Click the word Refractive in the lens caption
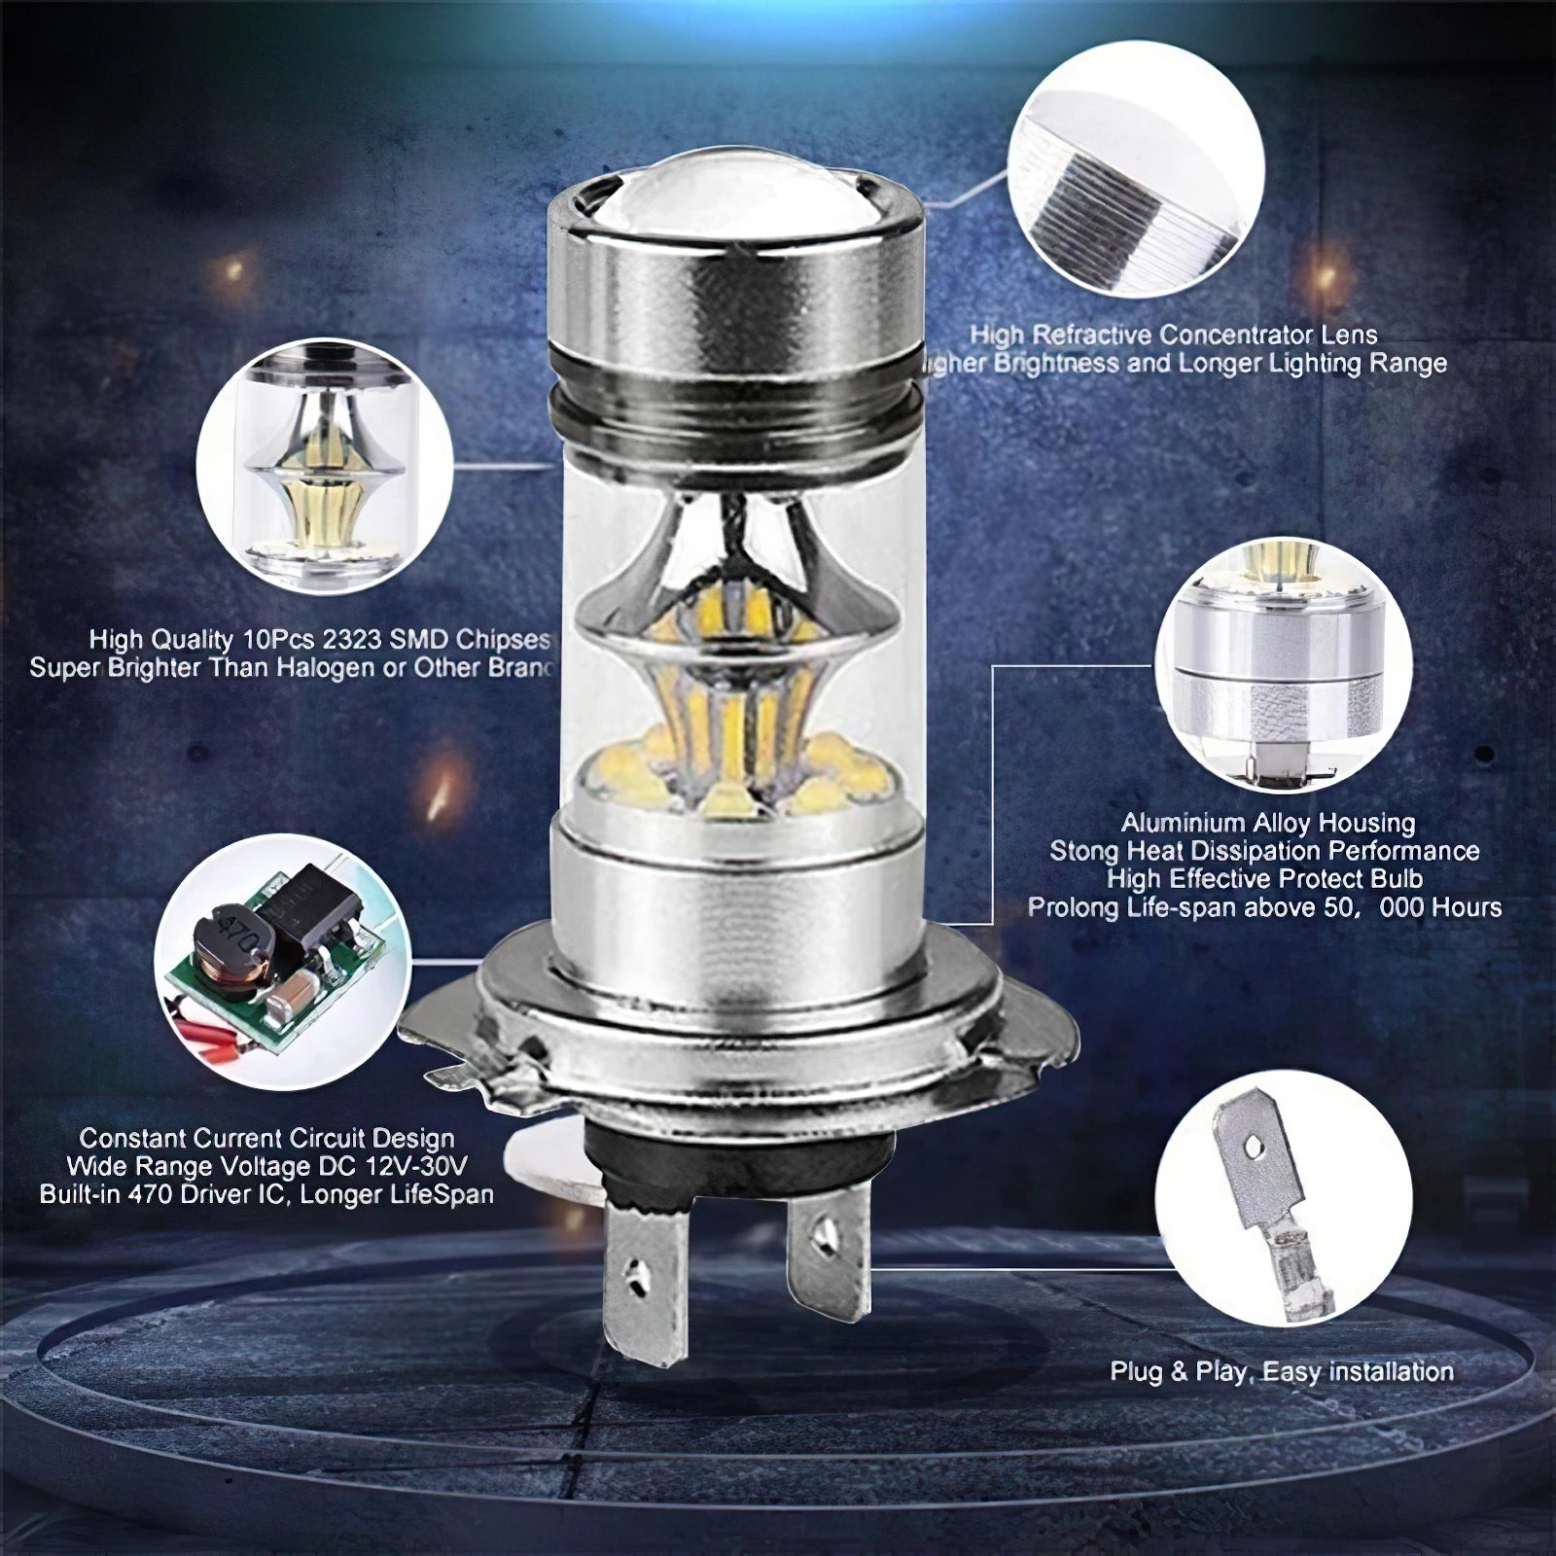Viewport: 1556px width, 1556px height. pos(1090,336)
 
